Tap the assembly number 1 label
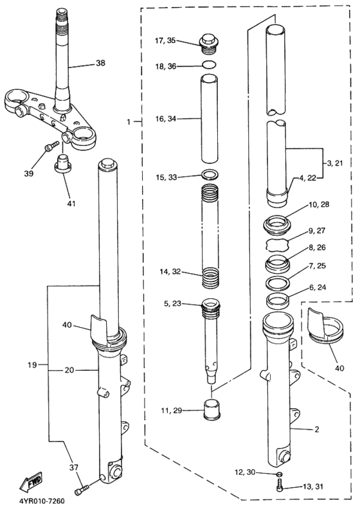click(x=130, y=121)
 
